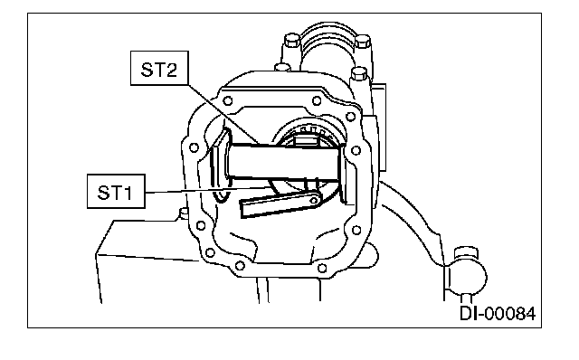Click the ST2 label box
tap(159, 69)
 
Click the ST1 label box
tap(116, 191)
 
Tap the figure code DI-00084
tap(498, 314)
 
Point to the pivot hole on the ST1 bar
tap(314, 201)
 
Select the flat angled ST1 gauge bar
tap(280, 205)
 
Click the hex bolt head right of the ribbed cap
tap(364, 41)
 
